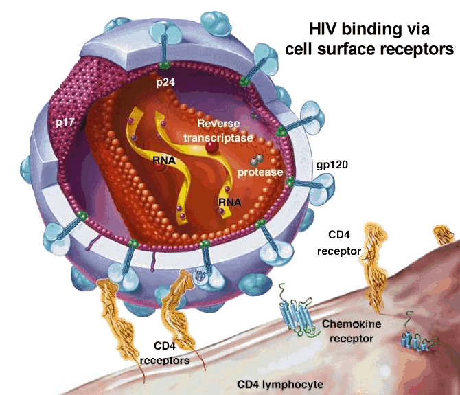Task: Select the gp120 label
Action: point(331,166)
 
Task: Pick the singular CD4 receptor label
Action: point(339,245)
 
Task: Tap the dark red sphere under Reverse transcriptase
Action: point(214,146)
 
